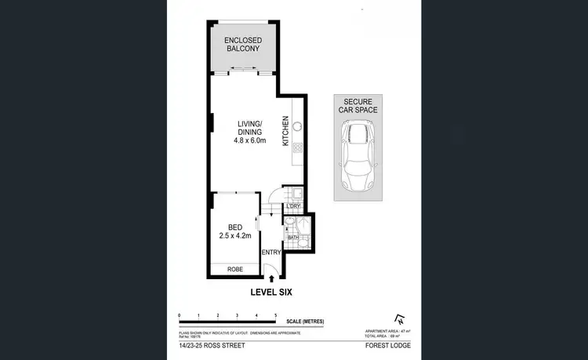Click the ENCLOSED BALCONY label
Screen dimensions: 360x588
tap(242, 44)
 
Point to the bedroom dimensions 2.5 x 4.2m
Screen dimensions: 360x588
tap(234, 233)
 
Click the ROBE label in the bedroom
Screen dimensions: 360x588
tap(234, 270)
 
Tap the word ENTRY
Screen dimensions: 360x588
tap(271, 253)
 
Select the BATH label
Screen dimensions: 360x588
tap(292, 237)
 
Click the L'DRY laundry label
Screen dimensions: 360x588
tap(293, 206)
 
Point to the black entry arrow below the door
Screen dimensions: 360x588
tap(271, 277)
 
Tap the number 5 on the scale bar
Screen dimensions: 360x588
tap(275, 315)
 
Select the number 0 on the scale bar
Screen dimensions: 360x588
tap(180, 315)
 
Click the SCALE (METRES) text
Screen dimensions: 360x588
tap(305, 322)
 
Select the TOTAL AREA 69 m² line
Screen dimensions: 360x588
tap(383, 336)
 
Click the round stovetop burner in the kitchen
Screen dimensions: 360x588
tap(298, 125)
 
